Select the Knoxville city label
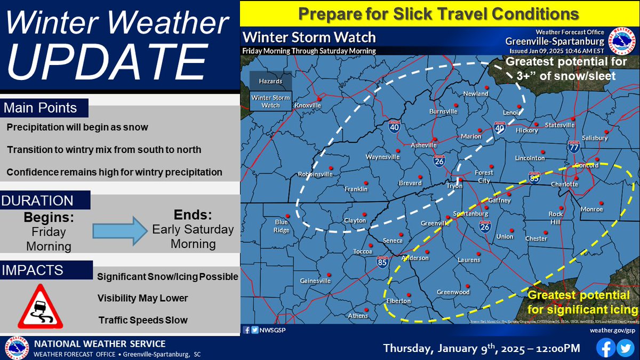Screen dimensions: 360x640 tap(308, 106)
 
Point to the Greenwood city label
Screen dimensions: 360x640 tap(453, 292)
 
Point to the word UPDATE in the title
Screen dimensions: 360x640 tap(101, 62)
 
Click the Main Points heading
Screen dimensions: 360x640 tap(41, 108)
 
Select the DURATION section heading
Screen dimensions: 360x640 tap(38, 201)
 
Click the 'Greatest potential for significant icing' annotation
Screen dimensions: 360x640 tap(582, 302)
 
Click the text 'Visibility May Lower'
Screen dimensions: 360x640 tap(143, 298)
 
